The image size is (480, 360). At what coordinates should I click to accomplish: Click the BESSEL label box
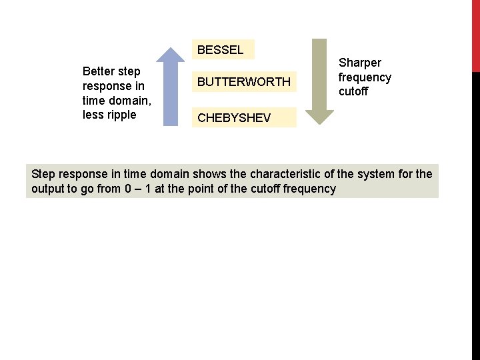click(221, 49)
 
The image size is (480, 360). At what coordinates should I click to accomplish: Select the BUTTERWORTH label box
click(243, 82)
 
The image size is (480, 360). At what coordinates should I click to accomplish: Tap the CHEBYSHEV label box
click(234, 118)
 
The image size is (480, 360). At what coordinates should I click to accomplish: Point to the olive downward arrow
click(323, 80)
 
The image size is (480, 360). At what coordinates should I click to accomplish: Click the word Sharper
click(360, 63)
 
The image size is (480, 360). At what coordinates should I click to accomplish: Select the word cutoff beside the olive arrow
click(353, 91)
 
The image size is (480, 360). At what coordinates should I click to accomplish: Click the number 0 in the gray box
click(127, 189)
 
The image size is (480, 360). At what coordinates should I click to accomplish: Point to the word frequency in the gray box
click(309, 189)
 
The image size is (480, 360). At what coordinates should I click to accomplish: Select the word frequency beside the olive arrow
click(365, 77)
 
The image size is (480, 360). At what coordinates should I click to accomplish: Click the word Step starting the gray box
click(43, 174)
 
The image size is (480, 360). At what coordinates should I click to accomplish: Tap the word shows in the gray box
click(209, 174)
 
